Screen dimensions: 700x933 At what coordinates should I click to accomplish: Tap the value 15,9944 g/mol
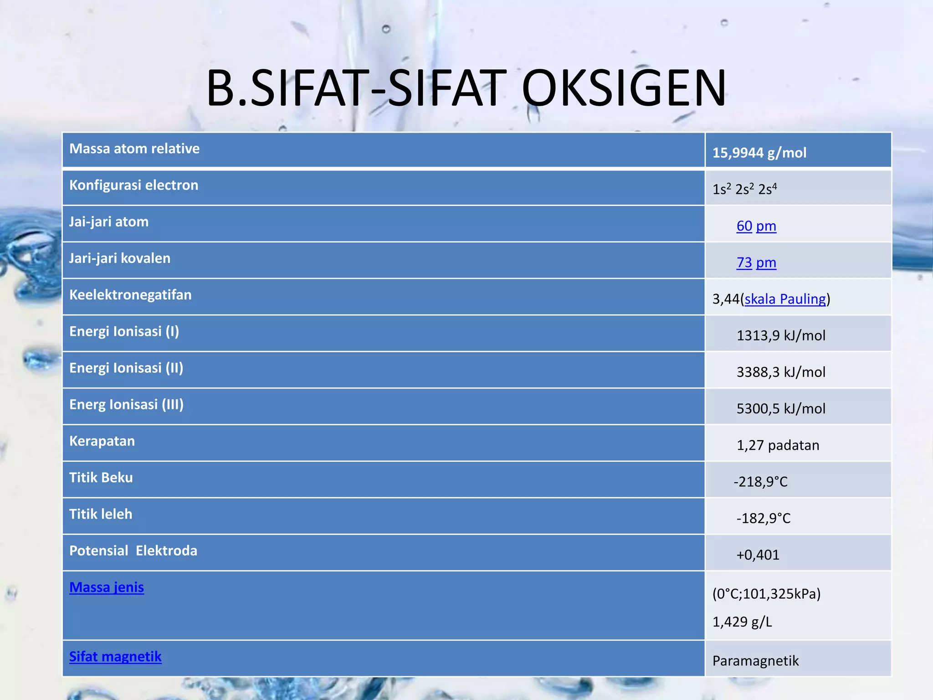(759, 153)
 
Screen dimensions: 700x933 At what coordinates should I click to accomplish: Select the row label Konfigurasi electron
(133, 185)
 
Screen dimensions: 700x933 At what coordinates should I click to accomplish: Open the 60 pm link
(756, 226)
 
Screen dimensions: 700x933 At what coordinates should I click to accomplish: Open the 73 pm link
(756, 262)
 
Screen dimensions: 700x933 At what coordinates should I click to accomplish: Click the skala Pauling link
(785, 299)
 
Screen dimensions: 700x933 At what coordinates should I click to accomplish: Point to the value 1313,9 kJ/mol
(781, 335)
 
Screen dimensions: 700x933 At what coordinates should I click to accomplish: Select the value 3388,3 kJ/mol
(781, 372)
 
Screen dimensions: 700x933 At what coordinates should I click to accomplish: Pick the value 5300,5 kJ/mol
(781, 408)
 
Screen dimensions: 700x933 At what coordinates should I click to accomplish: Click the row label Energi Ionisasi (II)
(126, 368)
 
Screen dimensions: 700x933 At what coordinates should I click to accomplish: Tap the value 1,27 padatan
(778, 445)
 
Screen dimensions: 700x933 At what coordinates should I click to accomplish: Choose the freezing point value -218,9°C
(760, 482)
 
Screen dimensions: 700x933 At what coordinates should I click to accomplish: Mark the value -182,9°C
(764, 518)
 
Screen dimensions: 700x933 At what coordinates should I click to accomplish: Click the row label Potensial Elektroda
(133, 551)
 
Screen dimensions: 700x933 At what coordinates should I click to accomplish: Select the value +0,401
(758, 555)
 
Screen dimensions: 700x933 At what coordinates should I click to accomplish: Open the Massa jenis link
(107, 587)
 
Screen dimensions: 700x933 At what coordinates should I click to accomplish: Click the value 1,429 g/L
(742, 622)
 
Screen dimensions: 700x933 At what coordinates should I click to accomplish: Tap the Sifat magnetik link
(115, 657)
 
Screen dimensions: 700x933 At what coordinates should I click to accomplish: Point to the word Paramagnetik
(755, 661)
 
